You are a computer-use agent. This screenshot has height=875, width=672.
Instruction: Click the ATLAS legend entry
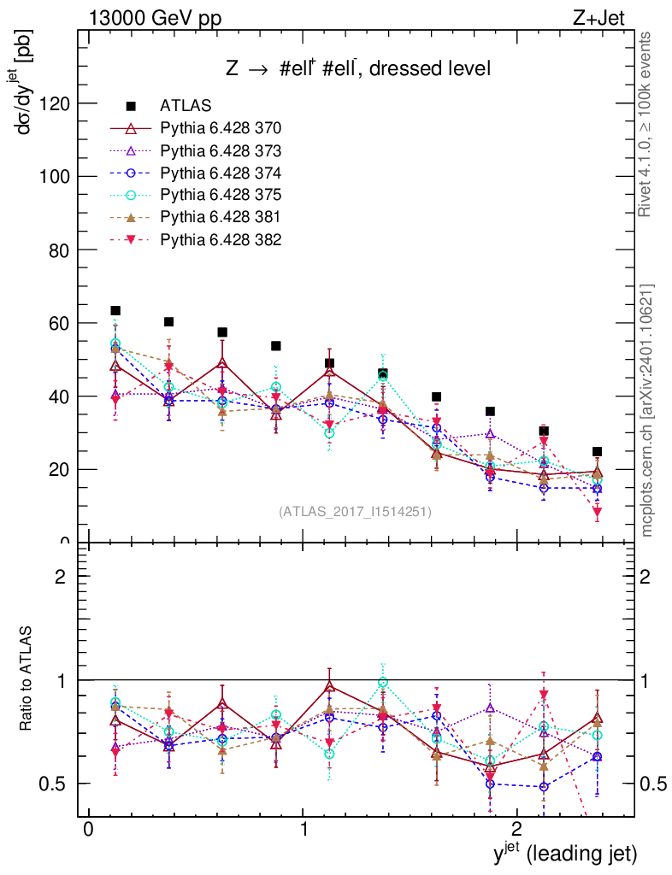(186, 106)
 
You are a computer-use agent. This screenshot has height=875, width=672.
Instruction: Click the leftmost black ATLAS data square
(115, 311)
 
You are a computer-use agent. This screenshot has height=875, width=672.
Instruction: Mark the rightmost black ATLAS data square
(598, 451)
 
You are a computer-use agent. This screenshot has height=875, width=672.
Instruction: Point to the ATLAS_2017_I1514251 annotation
(355, 512)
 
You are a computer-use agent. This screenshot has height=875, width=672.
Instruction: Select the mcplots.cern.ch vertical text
(648, 410)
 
